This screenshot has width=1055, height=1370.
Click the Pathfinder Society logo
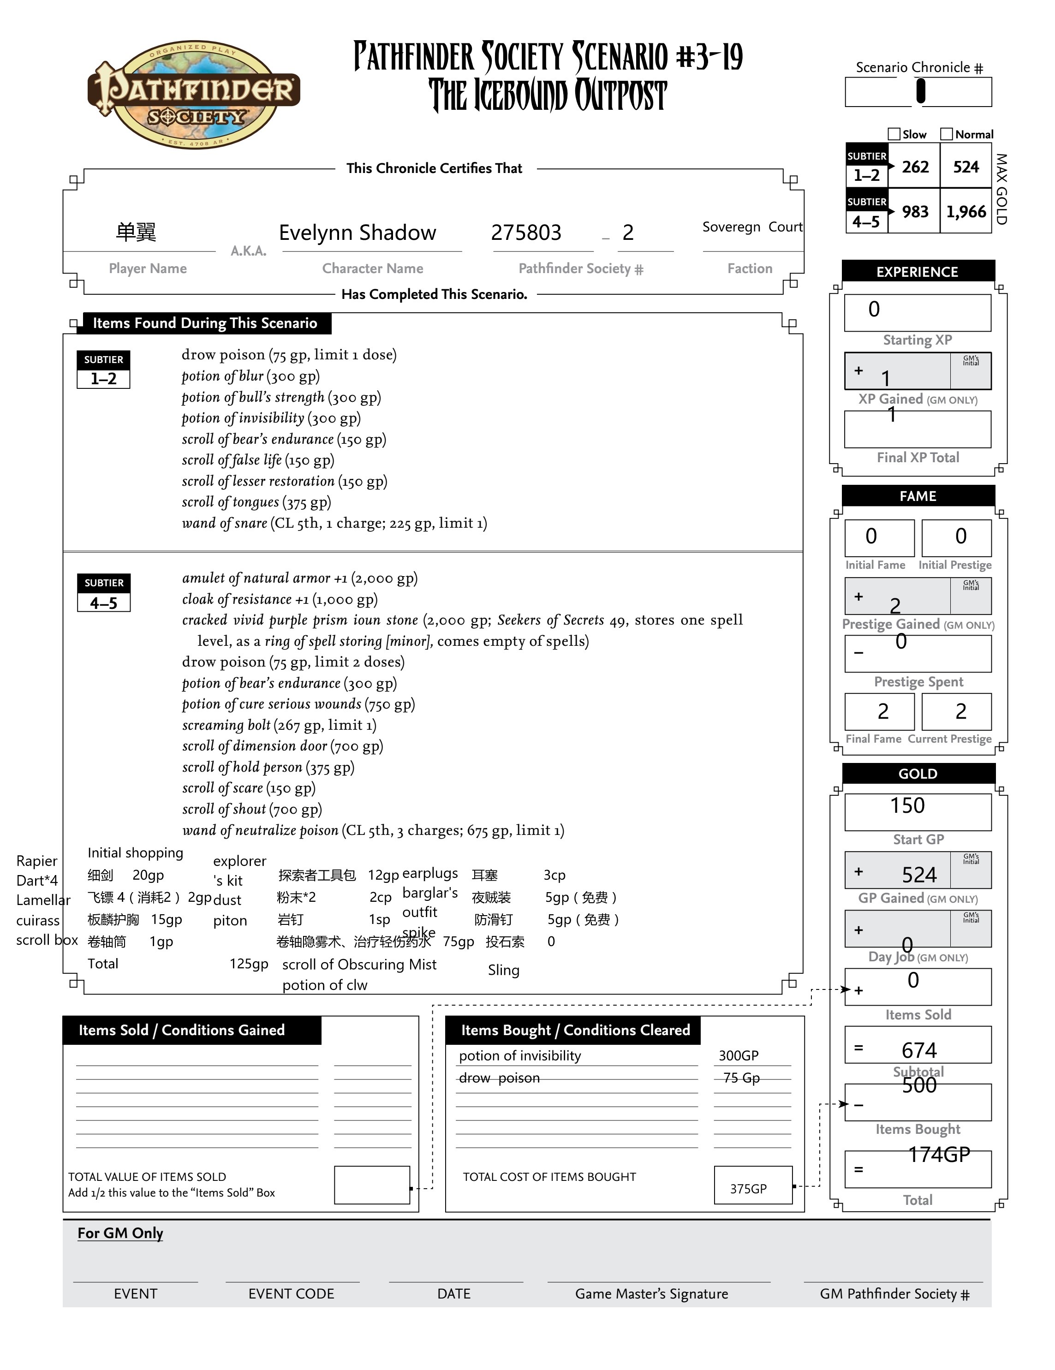click(193, 94)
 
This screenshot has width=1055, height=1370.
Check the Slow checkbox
click(894, 134)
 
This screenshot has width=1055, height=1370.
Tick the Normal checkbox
click(947, 134)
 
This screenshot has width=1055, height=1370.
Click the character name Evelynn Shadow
click(357, 233)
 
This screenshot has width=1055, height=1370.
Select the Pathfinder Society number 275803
click(525, 233)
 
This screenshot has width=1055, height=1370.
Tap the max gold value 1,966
click(966, 212)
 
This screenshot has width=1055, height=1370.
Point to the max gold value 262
click(915, 167)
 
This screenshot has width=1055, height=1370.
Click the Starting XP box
click(917, 312)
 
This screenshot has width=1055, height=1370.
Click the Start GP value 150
click(907, 805)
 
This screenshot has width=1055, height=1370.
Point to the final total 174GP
click(939, 1154)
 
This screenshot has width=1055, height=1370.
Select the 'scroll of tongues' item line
click(256, 502)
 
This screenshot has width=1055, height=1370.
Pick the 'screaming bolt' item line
click(279, 725)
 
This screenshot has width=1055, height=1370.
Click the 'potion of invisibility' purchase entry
click(519, 1056)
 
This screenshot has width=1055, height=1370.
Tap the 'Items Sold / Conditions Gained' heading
click(182, 1030)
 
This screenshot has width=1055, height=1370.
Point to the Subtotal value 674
click(919, 1049)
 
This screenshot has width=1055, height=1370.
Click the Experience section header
click(917, 272)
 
